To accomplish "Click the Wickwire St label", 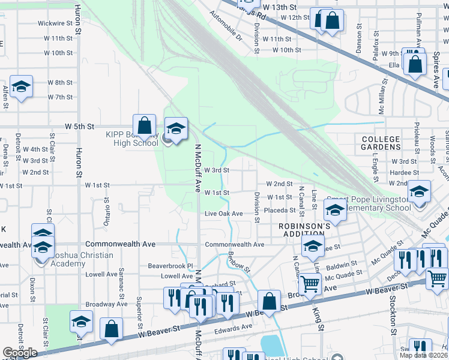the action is click(x=55, y=24).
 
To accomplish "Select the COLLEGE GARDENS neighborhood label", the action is click(x=381, y=143).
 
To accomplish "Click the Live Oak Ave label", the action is click(x=223, y=214).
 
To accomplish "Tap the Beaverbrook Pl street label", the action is click(x=172, y=265).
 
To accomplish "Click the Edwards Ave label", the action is click(x=234, y=327).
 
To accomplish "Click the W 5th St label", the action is click(x=80, y=127).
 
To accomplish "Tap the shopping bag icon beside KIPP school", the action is click(x=144, y=126).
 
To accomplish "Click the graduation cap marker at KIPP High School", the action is click(x=176, y=129).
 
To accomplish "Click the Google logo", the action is click(x=20, y=353).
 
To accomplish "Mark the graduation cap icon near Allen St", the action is click(x=21, y=87).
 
